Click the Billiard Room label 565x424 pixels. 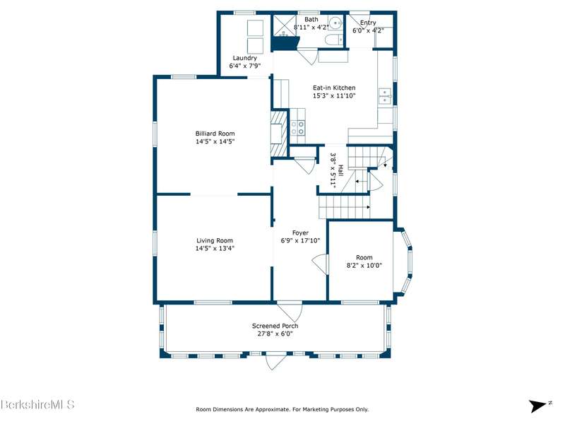[215, 134]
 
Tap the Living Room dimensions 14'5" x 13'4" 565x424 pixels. [215, 249]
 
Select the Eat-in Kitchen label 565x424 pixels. [334, 88]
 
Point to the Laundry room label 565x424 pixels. [244, 58]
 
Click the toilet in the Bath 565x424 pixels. [333, 40]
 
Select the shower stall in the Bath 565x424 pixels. [285, 25]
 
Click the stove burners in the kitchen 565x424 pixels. [297, 128]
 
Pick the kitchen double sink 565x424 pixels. [385, 96]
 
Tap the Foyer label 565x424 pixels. [300, 233]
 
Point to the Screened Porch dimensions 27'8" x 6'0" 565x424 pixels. [275, 334]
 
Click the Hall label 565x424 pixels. [340, 170]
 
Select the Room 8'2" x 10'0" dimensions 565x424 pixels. [364, 266]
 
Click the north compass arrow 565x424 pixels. [537, 406]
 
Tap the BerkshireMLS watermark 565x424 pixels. [37, 404]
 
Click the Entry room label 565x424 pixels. [368, 23]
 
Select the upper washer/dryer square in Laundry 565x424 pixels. [255, 28]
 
